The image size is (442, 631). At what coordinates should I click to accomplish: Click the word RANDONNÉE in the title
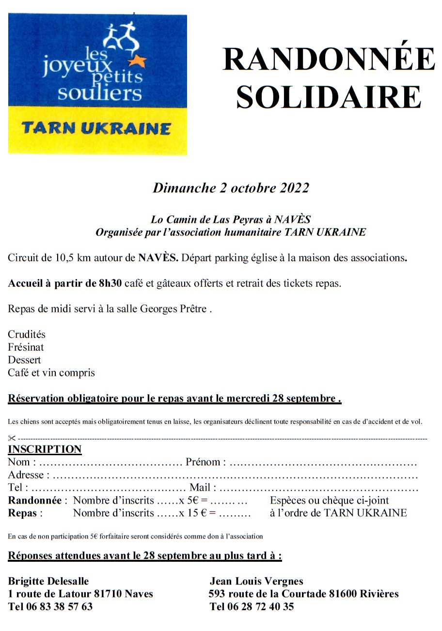[328, 60]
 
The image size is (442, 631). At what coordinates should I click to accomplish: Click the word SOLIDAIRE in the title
[328, 97]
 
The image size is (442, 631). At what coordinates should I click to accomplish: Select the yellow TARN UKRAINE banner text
[96, 129]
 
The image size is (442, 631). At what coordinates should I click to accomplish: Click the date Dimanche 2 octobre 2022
[231, 188]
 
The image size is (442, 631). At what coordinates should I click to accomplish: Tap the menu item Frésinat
[26, 347]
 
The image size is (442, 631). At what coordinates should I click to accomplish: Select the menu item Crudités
[27, 334]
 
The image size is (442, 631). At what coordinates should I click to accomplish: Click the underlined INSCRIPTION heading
[45, 449]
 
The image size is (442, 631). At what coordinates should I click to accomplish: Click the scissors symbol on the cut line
[12, 438]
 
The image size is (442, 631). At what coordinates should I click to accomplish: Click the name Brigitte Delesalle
[48, 581]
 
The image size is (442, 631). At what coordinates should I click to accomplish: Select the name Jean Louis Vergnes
[256, 581]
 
